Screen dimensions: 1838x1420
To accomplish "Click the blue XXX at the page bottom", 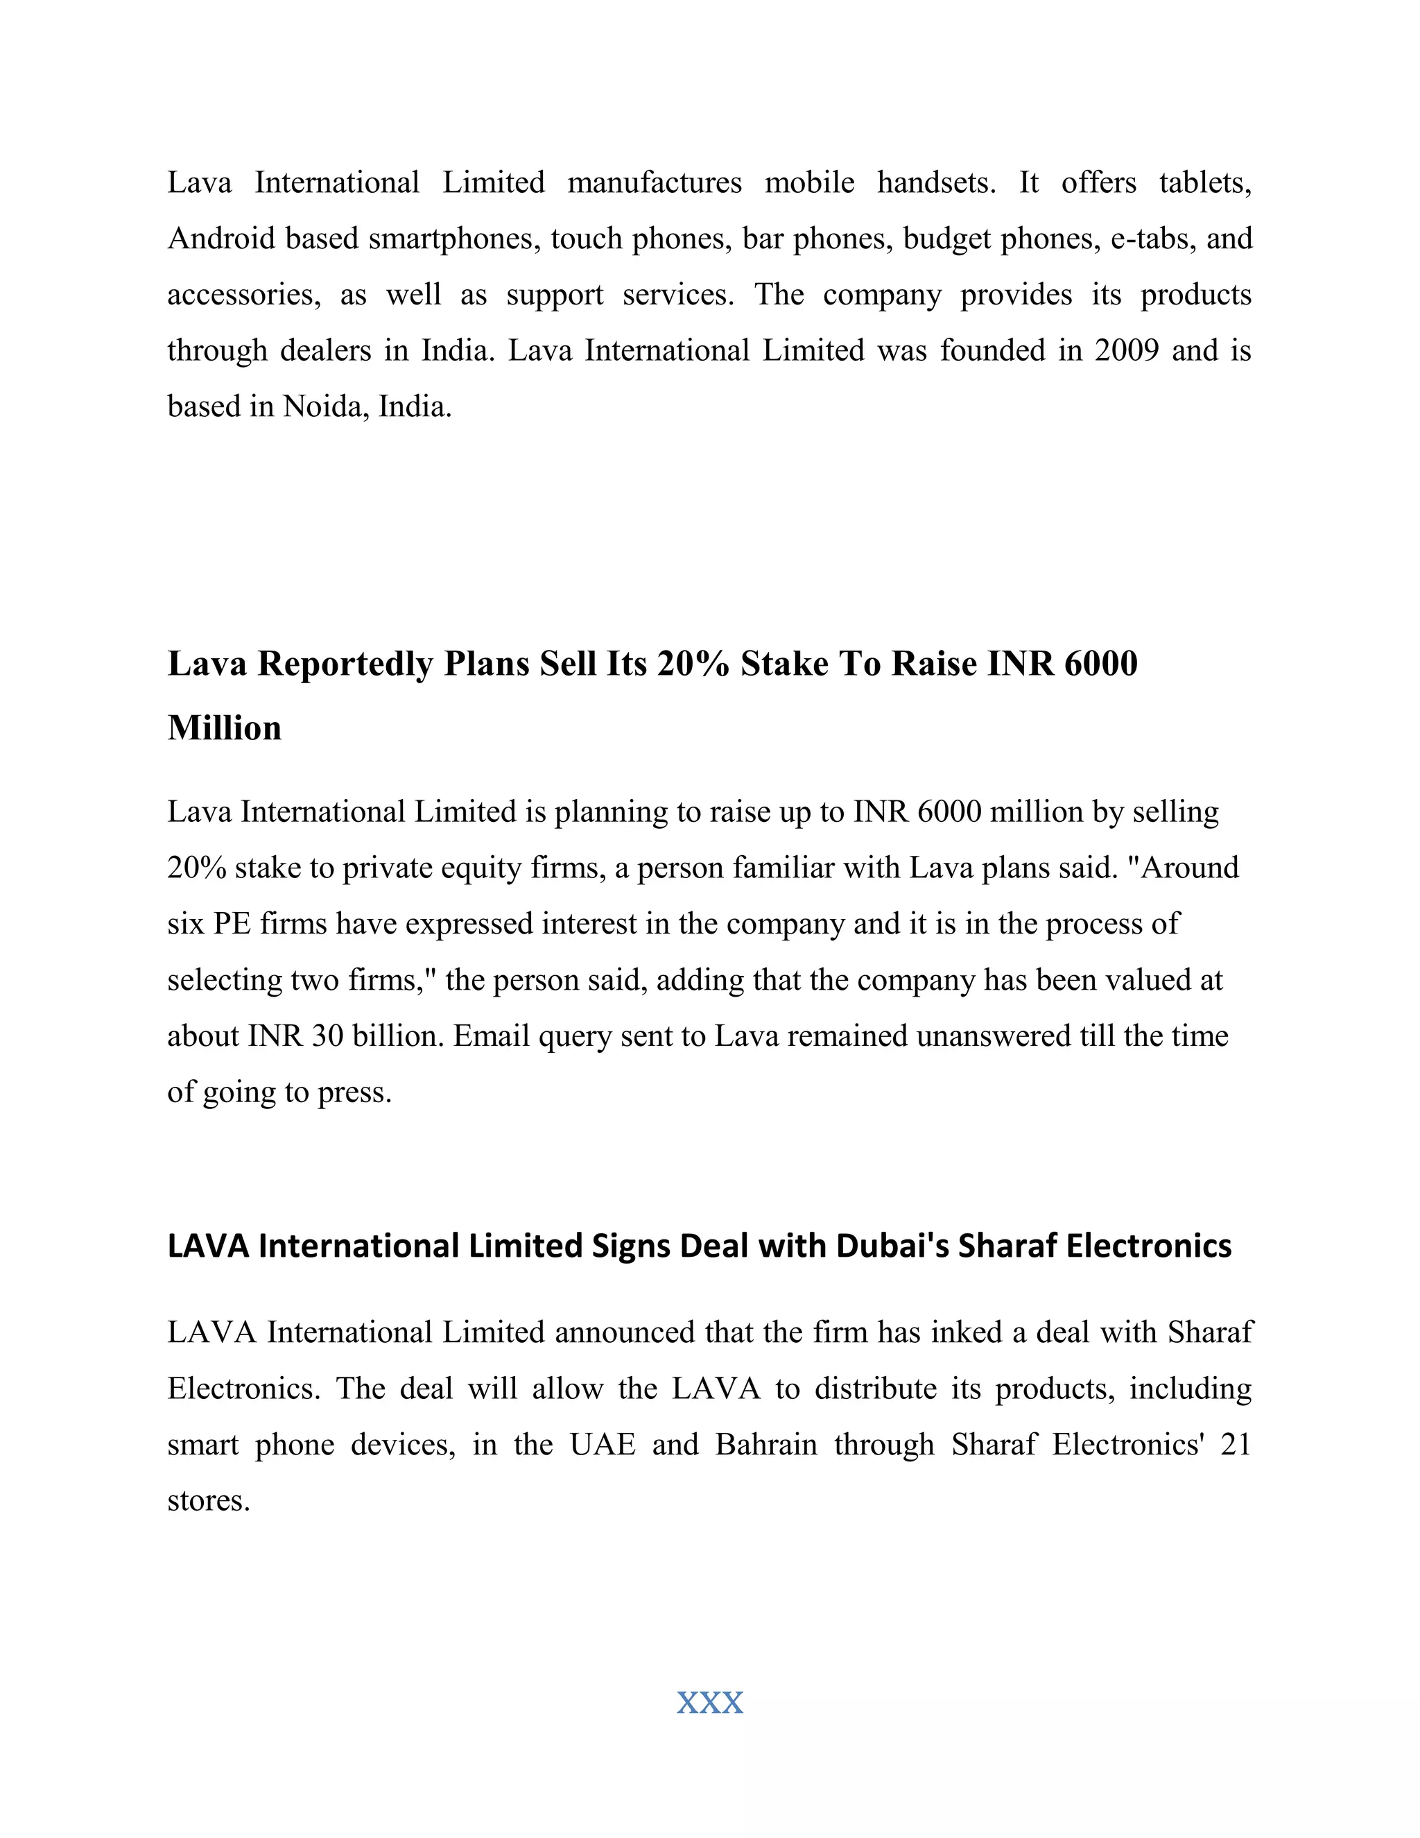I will [710, 1703].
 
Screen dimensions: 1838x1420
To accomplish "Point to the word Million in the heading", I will [225, 728].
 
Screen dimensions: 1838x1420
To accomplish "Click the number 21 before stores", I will [1235, 1444].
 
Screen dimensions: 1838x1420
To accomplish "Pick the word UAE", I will [603, 1444].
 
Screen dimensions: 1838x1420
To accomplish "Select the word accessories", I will [244, 295].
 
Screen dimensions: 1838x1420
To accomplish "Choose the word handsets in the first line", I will [935, 182].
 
